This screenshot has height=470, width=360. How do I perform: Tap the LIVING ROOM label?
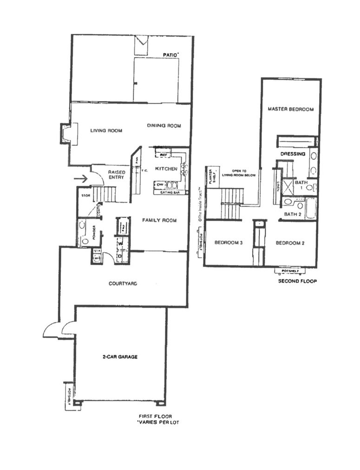tap(106, 131)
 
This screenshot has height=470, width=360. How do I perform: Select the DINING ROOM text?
tap(164, 126)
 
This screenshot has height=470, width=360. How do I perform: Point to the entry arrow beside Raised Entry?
tap(81, 178)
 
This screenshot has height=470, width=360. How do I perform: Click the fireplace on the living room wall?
tap(65, 133)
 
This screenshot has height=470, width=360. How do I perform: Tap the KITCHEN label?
tap(166, 168)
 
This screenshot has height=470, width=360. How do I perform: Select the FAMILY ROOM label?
tap(159, 220)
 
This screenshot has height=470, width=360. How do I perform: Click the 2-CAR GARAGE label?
tap(120, 357)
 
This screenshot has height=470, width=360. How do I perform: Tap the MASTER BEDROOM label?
tap(291, 110)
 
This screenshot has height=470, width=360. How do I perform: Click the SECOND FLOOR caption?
tap(297, 281)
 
